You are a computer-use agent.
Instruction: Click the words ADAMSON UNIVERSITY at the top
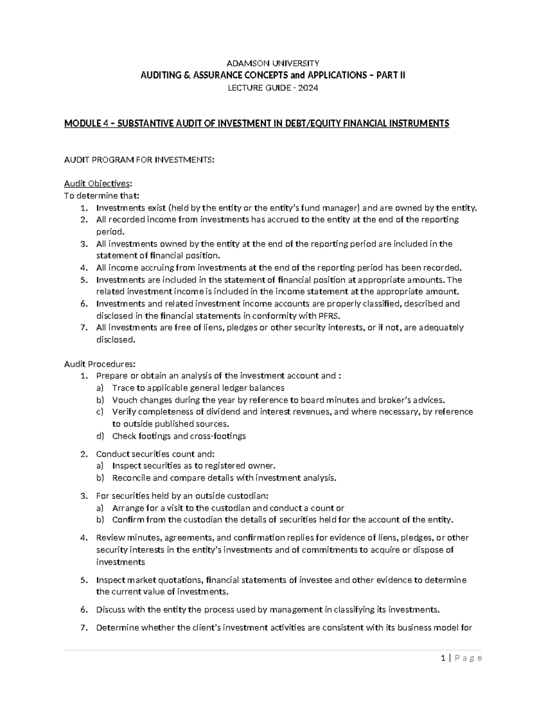pyautogui.click(x=273, y=63)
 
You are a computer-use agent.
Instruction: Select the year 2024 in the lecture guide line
pyautogui.click(x=308, y=88)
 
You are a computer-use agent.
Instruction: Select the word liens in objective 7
pyautogui.click(x=211, y=327)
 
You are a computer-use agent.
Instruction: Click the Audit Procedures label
pyautogui.click(x=100, y=364)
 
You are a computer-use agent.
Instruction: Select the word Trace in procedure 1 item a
pyautogui.click(x=122, y=388)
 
